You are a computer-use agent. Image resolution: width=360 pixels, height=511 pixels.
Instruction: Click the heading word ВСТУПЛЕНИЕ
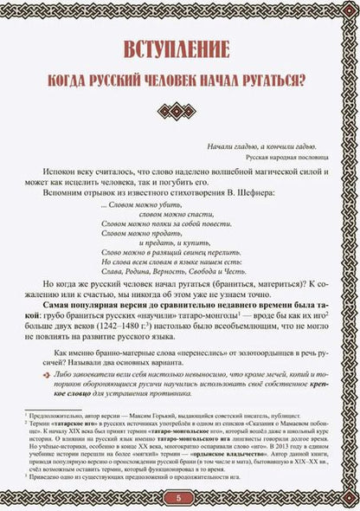point(179,48)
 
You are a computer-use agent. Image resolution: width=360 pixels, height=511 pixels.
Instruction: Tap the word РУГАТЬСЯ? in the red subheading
point(274,81)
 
